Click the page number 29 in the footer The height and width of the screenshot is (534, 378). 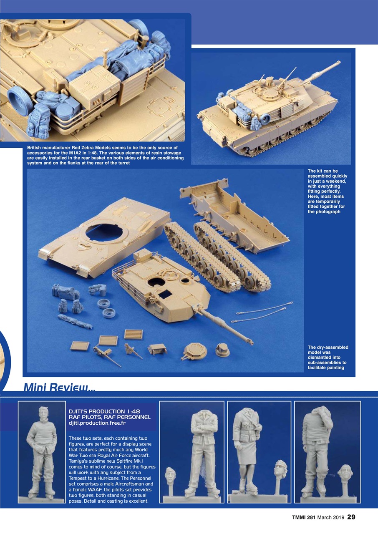tap(351, 517)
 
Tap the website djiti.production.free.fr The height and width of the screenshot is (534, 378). tap(97, 423)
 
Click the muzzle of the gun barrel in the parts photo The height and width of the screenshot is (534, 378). tap(250, 343)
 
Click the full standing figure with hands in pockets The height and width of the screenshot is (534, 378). tap(42, 451)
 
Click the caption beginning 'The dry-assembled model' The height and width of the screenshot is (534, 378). tap(328, 358)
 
